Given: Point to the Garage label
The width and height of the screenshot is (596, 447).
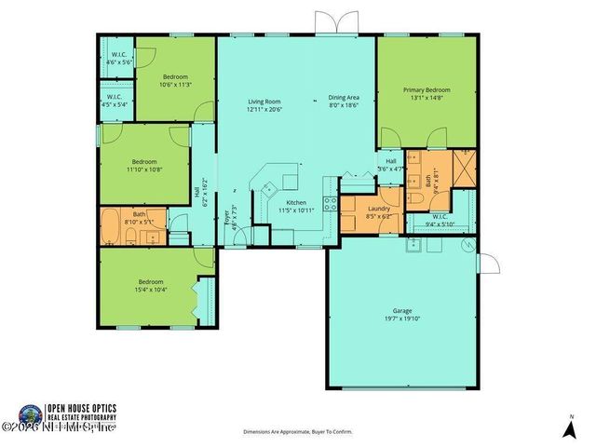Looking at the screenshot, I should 402,312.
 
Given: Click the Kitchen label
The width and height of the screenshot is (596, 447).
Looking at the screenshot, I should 296,202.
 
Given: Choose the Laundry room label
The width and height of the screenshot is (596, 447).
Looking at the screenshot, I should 378,209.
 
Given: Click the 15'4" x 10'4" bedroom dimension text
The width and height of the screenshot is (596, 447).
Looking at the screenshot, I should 152,289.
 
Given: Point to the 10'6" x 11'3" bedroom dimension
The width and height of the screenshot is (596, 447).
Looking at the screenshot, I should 176,83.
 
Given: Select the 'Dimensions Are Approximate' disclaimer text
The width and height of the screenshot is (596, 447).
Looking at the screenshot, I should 297,432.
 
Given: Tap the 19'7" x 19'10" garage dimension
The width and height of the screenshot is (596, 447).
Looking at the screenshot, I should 402,321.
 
